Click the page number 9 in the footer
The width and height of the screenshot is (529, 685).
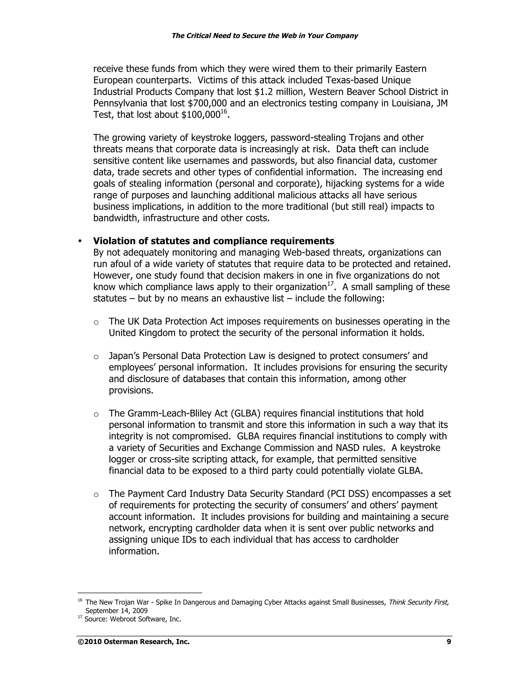tap(448, 642)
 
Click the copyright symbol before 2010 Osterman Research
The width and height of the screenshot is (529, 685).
tap(81, 642)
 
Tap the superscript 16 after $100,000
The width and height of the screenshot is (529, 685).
tap(223, 112)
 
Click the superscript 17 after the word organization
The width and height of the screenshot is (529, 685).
tap(330, 284)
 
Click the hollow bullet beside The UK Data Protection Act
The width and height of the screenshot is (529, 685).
tap(96, 322)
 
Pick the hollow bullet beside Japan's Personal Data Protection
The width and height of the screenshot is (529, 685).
tap(96, 357)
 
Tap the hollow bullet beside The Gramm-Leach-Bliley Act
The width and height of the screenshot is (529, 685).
tap(96, 414)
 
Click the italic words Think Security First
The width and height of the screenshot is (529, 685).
tap(418, 602)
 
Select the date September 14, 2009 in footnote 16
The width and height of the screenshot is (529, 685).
tap(116, 611)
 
